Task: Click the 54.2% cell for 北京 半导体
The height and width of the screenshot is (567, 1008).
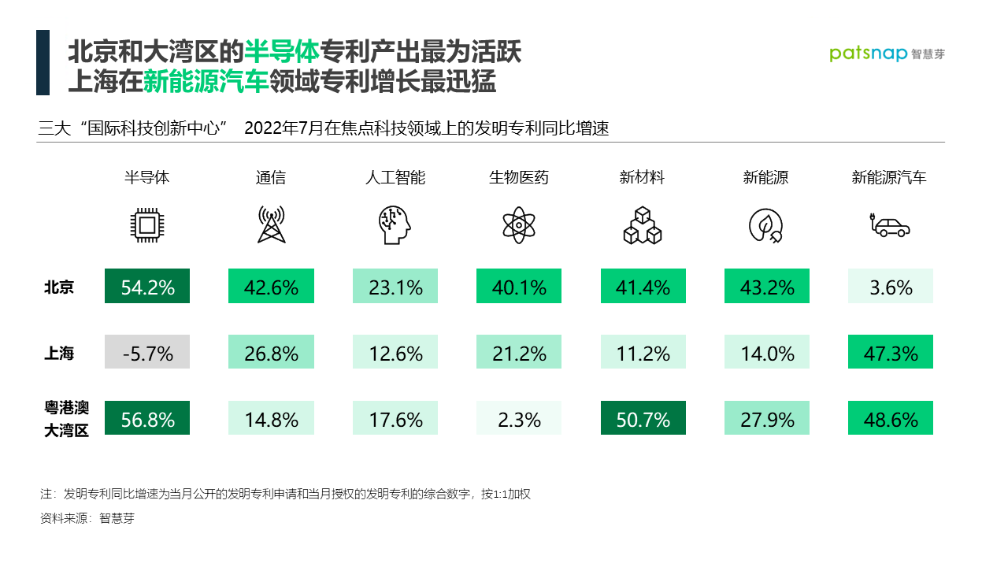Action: point(147,286)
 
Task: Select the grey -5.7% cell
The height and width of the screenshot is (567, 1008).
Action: point(147,352)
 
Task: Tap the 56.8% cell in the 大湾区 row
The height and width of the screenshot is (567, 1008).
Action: point(147,418)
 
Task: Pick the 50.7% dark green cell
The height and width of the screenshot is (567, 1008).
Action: point(643,418)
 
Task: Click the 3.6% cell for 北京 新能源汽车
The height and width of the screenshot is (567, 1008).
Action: point(891,286)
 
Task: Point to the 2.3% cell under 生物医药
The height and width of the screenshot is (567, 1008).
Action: point(519,418)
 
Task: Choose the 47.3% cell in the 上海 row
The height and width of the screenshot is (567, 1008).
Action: point(891,352)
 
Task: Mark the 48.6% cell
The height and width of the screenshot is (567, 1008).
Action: point(891,418)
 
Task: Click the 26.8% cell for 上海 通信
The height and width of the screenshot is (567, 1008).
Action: point(271,352)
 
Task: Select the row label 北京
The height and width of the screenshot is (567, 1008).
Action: point(59,287)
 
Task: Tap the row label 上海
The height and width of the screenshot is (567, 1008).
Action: point(59,353)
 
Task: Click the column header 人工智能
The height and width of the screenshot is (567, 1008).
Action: point(395,177)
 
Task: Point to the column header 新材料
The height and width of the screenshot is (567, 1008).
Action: point(643,177)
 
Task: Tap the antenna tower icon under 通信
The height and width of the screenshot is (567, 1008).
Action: point(271,225)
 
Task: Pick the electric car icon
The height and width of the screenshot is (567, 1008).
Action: point(890,226)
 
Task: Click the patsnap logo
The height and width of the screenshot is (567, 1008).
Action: point(887,54)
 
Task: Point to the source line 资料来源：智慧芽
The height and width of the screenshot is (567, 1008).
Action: point(87,519)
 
